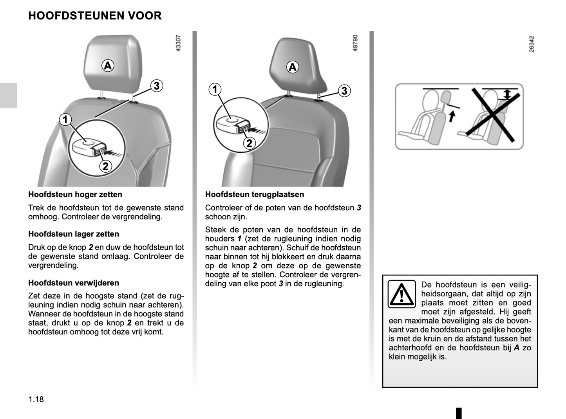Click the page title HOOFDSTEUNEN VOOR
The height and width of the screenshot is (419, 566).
click(95, 16)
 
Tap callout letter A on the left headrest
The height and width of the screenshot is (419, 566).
click(108, 65)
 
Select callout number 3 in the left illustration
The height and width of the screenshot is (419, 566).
click(156, 86)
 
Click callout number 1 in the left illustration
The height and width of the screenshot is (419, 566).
click(65, 119)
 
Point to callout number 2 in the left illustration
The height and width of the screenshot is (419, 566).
click(105, 166)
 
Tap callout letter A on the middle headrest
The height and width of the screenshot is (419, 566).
click(293, 67)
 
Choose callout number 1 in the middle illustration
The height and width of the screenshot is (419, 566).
click(215, 90)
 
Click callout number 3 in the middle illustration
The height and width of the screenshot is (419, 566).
click(344, 91)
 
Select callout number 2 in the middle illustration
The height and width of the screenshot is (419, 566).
click(249, 143)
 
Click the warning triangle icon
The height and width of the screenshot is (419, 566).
click(401, 294)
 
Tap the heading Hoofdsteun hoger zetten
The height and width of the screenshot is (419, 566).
click(75, 195)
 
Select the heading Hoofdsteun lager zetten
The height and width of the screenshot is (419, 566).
click(74, 234)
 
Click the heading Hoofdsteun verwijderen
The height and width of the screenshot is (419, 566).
click(74, 283)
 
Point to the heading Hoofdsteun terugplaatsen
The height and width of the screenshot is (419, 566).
click(255, 195)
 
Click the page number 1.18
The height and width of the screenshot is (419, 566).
click(36, 399)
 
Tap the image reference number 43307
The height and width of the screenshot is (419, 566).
click(178, 43)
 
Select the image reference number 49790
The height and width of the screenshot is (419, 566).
click(355, 43)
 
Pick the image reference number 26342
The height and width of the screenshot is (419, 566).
click(532, 44)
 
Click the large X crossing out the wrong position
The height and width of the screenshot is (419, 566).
click(493, 115)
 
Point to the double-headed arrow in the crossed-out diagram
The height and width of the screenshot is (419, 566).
click(507, 94)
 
